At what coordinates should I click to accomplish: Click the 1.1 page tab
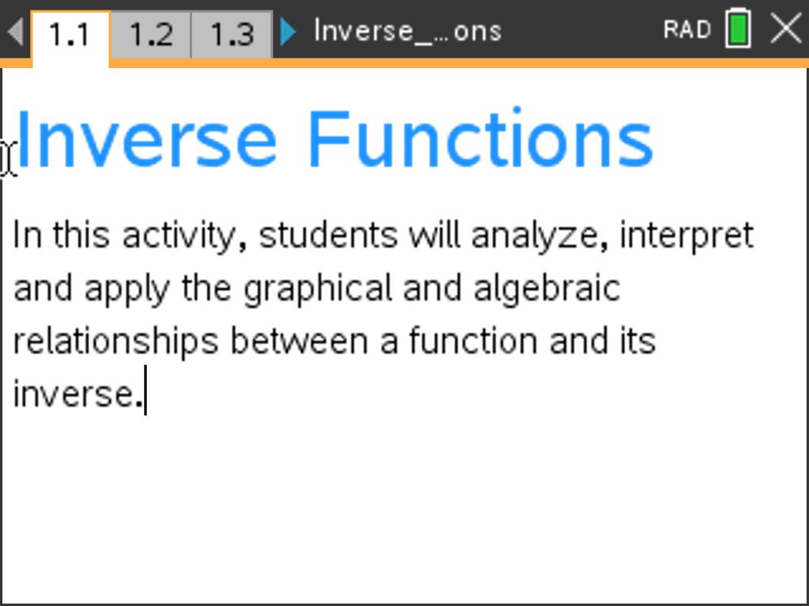[69, 35]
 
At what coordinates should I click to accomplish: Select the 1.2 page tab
[151, 35]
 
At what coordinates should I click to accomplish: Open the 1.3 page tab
[232, 35]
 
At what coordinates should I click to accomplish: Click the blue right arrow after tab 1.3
[288, 32]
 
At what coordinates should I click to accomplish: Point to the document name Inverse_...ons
[407, 32]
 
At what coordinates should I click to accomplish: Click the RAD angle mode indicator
[687, 30]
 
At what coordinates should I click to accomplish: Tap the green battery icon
[738, 29]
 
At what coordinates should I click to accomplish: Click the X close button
[785, 29]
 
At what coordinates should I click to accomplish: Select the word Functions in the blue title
[480, 139]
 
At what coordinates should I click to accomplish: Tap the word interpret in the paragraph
[686, 236]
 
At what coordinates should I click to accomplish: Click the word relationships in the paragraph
[116, 342]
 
